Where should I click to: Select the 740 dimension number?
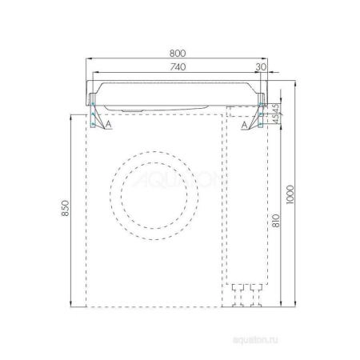[x=175, y=67]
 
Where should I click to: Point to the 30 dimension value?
[x=262, y=67]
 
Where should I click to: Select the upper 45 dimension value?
[x=276, y=106]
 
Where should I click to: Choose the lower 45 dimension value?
[x=276, y=120]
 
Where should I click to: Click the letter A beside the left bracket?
[x=107, y=125]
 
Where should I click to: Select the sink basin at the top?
[x=176, y=93]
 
